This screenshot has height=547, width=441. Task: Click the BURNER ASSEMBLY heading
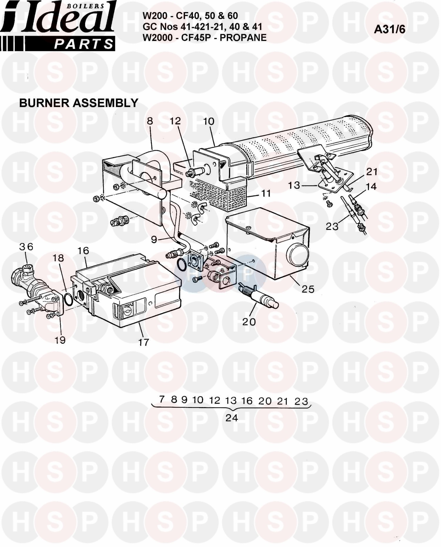78,103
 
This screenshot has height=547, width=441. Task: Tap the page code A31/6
389,29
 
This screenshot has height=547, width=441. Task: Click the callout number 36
26,247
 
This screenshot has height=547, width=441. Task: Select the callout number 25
308,289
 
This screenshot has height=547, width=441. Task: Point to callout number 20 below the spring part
249,322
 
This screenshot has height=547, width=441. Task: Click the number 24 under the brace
231,418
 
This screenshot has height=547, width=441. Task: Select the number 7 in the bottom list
161,399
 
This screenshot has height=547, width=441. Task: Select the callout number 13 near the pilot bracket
294,185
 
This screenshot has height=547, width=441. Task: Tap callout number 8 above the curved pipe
150,121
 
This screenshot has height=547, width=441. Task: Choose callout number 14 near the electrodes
371,186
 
